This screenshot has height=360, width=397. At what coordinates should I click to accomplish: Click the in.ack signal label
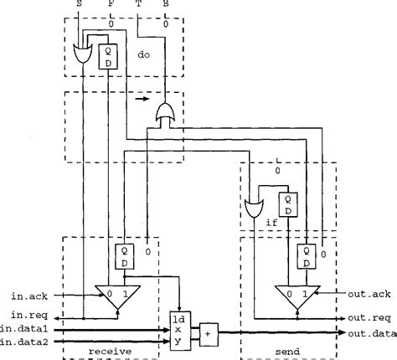[x=29, y=295]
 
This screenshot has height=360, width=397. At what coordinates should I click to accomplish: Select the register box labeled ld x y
[x=178, y=330]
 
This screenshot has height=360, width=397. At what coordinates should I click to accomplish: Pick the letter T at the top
[x=137, y=5]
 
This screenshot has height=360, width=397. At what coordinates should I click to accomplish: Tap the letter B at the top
[x=164, y=5]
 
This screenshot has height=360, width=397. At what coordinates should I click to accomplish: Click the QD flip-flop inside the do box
[x=108, y=56]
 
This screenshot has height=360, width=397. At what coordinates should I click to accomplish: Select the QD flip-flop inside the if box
[x=288, y=204]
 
